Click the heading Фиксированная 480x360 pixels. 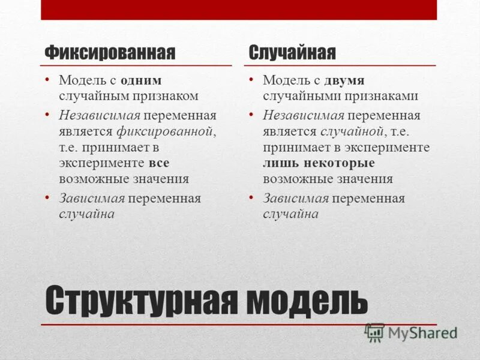[x=110, y=53]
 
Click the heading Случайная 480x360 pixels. [x=292, y=53]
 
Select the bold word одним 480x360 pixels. [x=141, y=80]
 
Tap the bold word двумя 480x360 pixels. [x=344, y=80]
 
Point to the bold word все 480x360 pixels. [x=158, y=163]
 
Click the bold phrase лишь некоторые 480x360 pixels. [x=319, y=163]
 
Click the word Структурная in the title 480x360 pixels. [x=140, y=299]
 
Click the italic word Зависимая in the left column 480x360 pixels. [x=91, y=199]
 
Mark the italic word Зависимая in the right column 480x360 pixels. [x=295, y=199]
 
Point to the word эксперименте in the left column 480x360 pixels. [x=101, y=163]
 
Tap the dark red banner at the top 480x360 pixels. [x=239, y=10]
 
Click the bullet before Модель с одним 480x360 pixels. [x=46, y=80]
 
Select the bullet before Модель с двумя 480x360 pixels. [x=251, y=80]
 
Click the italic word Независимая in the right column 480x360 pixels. [x=304, y=115]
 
